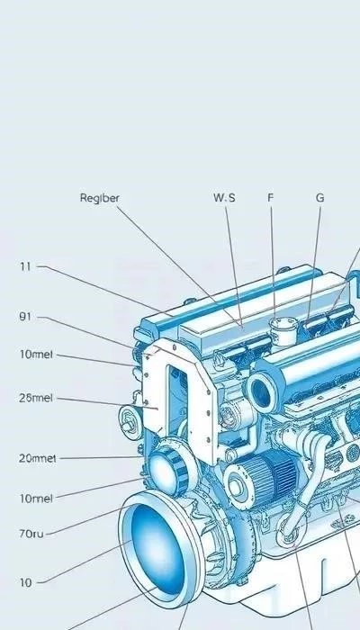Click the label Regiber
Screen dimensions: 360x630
click(x=99, y=198)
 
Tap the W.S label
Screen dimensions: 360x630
click(x=224, y=198)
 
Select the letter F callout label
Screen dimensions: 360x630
click(x=270, y=198)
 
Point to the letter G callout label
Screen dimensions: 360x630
click(x=319, y=198)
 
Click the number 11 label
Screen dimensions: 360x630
click(x=25, y=266)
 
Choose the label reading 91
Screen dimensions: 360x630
click(x=25, y=317)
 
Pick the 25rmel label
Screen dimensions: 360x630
click(x=35, y=398)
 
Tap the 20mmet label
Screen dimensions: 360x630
click(x=37, y=458)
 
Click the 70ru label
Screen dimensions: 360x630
click(x=31, y=534)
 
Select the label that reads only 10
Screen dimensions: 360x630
click(x=25, y=582)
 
